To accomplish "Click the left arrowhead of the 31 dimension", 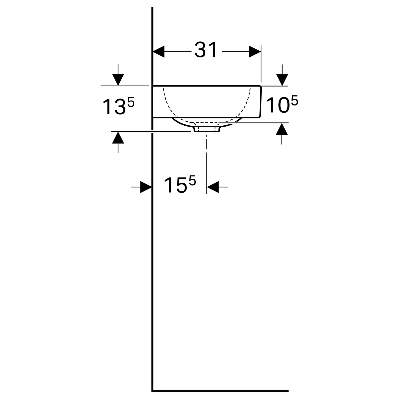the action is coord(159,51).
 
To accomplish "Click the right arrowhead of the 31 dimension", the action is coord(255,51).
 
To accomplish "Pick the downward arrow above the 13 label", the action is coord(118,75).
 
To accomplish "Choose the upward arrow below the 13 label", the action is coord(118,142).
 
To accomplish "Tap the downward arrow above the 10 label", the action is coord(282,75).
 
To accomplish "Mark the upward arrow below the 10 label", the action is coord(282,134).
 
